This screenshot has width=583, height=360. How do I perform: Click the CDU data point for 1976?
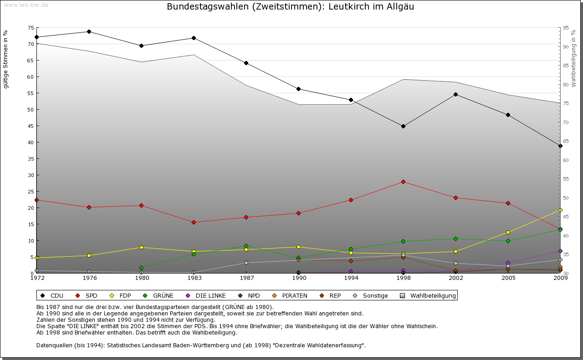tap(89, 32)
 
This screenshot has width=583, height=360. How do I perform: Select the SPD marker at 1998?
tap(403, 182)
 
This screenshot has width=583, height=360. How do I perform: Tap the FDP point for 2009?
tap(560, 210)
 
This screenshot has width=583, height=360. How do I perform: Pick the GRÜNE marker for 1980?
tap(141, 268)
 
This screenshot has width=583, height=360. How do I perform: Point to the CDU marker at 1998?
tap(403, 126)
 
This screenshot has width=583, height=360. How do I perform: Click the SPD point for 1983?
tap(194, 222)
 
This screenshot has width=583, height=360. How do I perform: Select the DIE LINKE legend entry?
tap(208, 296)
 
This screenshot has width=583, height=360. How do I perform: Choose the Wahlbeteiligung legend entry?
tap(428, 296)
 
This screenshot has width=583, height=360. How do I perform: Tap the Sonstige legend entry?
tap(371, 296)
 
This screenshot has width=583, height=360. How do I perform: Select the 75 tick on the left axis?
tap(31, 28)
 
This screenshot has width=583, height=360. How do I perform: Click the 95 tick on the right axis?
tap(566, 28)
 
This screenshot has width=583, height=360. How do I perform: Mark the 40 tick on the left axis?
tap(31, 142)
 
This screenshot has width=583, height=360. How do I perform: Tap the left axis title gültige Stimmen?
tap(5, 59)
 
